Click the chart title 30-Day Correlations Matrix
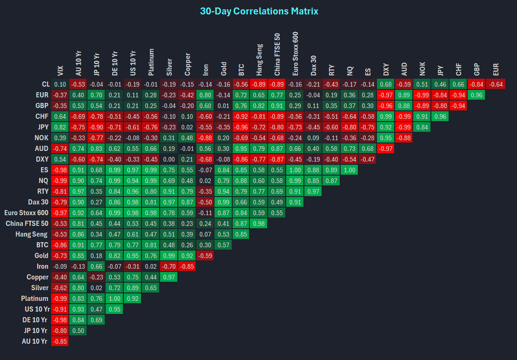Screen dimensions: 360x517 pos(259,11)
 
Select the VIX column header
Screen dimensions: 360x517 pos(60,70)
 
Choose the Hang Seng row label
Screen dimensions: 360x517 pos(32,234)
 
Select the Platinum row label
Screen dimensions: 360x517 pos(34,299)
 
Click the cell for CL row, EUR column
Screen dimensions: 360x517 pos(495,84)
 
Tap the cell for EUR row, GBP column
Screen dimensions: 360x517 pos(477,95)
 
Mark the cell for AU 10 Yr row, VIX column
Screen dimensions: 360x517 pos(60,341)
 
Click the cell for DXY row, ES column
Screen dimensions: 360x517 pos(368,159)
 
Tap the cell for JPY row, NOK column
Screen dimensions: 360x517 pos(423,127)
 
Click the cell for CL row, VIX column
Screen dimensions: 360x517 pos(60,84)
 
